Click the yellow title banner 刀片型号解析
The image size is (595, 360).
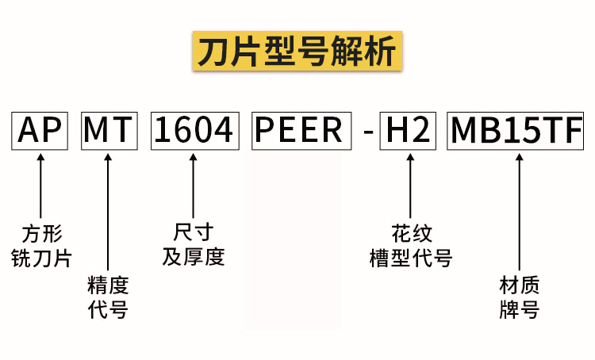pyautogui.click(x=297, y=52)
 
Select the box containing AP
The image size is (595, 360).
pyautogui.click(x=40, y=129)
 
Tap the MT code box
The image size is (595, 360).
pyautogui.click(x=108, y=129)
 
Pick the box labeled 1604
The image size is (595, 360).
pyautogui.click(x=194, y=129)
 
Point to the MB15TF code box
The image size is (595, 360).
pyautogui.click(x=516, y=129)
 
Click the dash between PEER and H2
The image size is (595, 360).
pyautogui.click(x=367, y=131)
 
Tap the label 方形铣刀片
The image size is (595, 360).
pyautogui.click(x=40, y=246)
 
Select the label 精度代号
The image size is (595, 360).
pyautogui.click(x=108, y=297)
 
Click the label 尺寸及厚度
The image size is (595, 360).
pyautogui.click(x=194, y=245)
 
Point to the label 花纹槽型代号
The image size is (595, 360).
pyautogui.click(x=411, y=246)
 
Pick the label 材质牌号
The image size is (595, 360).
pyautogui.click(x=520, y=297)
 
